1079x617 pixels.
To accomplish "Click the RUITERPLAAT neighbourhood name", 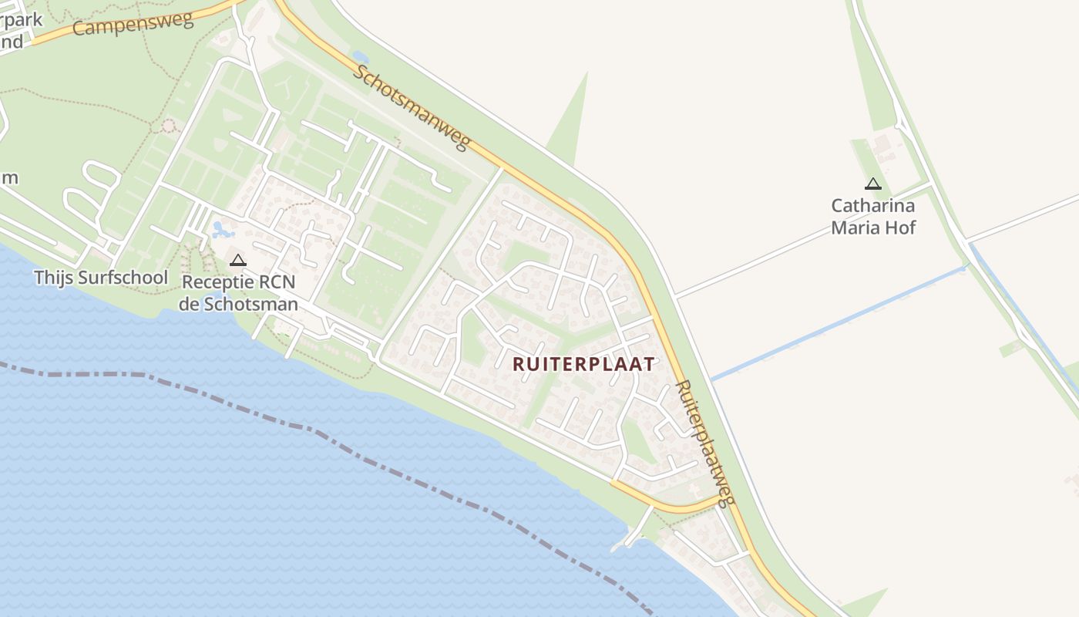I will [583, 364].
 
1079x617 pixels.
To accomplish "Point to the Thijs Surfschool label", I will [101, 278].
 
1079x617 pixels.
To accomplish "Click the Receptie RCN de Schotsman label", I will [238, 293].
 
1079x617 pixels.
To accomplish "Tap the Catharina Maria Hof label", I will [873, 217].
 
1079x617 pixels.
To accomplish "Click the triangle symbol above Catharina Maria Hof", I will [873, 184].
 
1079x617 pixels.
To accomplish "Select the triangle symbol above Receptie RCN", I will [238, 260].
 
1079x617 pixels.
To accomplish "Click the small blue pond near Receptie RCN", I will [222, 229].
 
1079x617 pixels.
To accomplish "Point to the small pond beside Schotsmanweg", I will [360, 57].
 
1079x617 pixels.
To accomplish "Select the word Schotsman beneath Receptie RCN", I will [250, 304].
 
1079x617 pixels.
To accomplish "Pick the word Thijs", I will [51, 278].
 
